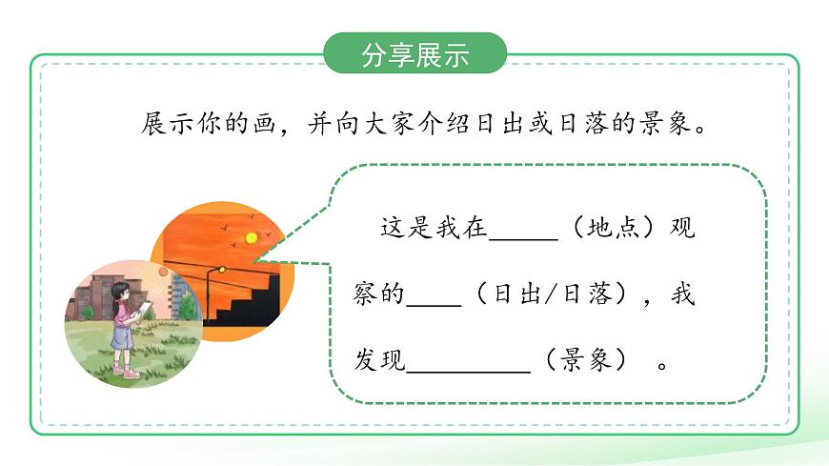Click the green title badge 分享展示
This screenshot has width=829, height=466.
coord(414,54)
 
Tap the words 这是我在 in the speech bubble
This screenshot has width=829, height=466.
coord(434,229)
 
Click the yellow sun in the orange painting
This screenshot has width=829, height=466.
coord(252,236)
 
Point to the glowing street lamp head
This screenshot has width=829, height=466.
coord(221,270)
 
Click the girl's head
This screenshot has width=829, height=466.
coord(121,291)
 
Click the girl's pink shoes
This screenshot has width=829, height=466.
coord(126,371)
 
